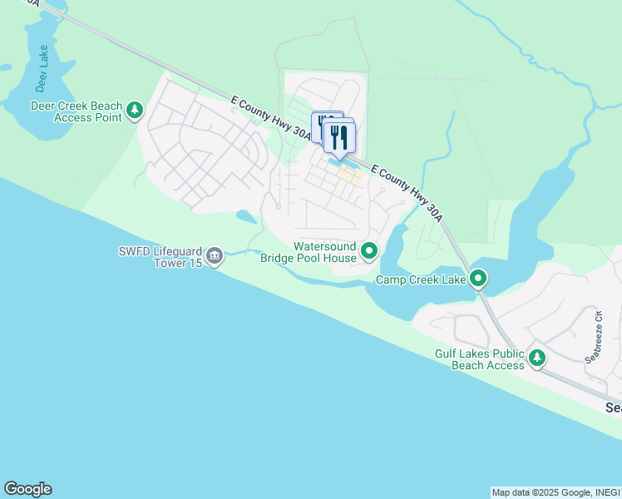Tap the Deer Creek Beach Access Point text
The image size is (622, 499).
coord(77,111)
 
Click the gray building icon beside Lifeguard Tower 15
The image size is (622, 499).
coord(215,255)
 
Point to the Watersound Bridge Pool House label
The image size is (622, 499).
coord(309,252)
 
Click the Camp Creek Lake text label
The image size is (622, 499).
coord(421,279)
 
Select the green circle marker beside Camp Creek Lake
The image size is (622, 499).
coord(478,278)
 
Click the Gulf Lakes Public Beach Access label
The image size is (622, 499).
coord(480,359)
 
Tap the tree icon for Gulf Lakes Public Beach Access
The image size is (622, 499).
coord(537,358)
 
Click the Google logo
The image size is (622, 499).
coord(27,489)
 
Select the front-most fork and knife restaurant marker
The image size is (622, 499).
coord(339,136)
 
